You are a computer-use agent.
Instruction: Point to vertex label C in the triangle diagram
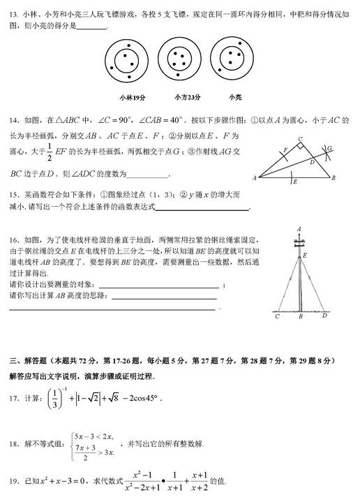click(299, 138)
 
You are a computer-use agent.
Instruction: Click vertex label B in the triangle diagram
click(334, 178)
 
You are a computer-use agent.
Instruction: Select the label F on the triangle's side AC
click(285, 149)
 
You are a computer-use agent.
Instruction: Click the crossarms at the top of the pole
click(299, 242)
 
